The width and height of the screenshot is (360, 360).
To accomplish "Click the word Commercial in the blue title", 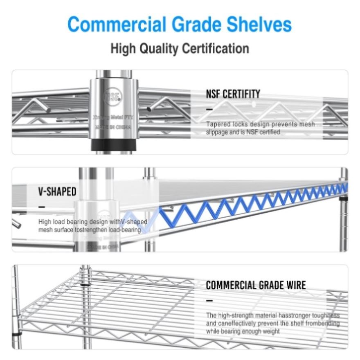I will point(117,25).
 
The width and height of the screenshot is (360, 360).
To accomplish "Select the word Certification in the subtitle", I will point(215,49).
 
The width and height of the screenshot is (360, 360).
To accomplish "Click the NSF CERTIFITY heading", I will point(233,94).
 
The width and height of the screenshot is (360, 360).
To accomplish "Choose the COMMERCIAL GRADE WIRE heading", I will point(256,285).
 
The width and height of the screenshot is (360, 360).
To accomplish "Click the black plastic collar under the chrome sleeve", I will point(114,144).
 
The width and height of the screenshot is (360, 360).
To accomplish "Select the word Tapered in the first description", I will point(219,124).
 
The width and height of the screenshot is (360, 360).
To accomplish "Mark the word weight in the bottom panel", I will point(270,331).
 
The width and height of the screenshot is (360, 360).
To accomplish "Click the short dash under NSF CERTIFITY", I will point(209,109).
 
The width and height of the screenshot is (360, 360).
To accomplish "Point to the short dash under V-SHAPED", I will point(42,207).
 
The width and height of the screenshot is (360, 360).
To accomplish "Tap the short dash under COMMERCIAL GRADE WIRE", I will point(209,300).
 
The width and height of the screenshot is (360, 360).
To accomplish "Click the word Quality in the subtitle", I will point(160,49).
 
